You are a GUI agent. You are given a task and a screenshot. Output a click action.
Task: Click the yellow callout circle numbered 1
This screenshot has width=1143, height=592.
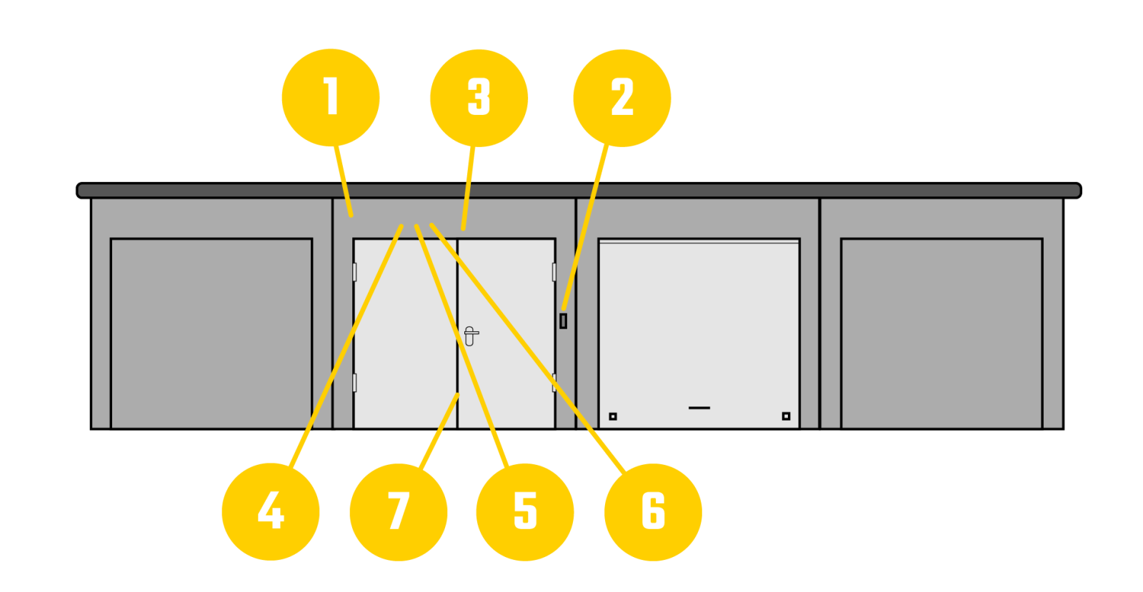[330, 98]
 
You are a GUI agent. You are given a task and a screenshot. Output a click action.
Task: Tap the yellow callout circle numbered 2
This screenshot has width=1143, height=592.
[622, 98]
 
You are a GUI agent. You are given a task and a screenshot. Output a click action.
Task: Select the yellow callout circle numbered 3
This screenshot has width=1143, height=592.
[479, 98]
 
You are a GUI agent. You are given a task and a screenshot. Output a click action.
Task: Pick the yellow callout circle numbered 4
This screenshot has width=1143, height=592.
[271, 511]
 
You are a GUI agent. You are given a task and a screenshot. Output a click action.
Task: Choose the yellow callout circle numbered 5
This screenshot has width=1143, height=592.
[525, 511]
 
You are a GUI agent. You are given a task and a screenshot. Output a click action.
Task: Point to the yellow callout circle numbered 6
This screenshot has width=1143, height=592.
[653, 511]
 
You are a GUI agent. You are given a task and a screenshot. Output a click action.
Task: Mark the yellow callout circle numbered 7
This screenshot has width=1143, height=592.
[398, 511]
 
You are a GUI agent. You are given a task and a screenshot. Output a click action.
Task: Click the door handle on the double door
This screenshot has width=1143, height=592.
[469, 335]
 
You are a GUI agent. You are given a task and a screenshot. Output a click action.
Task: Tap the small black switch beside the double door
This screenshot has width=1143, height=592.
[563, 321]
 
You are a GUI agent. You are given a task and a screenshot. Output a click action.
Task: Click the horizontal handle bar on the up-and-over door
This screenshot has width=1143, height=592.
[699, 408]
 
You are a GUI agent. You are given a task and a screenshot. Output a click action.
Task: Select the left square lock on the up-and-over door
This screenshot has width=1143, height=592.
[612, 416]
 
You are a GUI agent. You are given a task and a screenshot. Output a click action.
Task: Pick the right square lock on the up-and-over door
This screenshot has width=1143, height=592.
[786, 416]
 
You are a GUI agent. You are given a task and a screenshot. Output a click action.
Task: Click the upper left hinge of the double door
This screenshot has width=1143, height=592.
[354, 271]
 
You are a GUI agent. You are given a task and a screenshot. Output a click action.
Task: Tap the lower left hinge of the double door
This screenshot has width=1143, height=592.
[354, 382]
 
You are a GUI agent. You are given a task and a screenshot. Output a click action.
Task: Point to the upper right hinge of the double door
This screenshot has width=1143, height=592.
[554, 271]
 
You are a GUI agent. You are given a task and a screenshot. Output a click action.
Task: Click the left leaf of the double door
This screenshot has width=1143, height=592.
[406, 336]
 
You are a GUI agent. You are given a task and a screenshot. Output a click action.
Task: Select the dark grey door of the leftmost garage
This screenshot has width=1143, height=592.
[211, 333]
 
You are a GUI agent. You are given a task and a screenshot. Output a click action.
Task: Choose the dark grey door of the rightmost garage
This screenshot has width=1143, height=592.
[942, 333]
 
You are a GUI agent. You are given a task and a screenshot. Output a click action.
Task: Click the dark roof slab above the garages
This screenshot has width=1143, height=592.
[579, 191]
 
